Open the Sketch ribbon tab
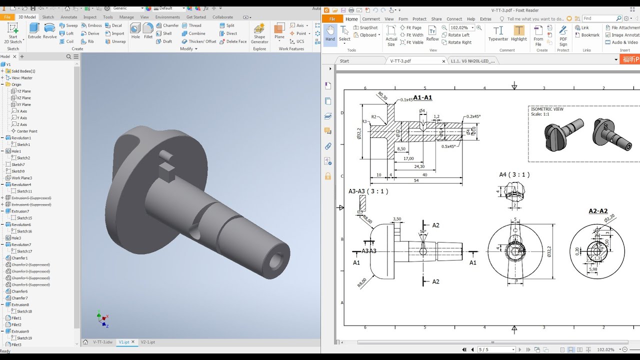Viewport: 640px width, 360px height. [x=48, y=17]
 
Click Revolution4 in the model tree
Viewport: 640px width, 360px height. [x=21, y=184]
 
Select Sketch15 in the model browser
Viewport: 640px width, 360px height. [x=24, y=218]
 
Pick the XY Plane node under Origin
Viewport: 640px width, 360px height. [x=23, y=104]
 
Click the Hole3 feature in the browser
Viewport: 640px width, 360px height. [x=16, y=238]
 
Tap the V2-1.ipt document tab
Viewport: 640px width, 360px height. [x=147, y=342]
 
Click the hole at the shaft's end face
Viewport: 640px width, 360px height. [x=275, y=260]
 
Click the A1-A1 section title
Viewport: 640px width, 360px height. [x=422, y=97]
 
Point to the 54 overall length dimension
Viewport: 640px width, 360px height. [x=416, y=180]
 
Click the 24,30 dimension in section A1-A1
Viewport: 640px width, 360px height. [x=419, y=166]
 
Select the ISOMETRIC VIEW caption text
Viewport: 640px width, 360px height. [x=547, y=108]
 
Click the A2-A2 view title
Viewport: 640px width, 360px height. [x=597, y=211]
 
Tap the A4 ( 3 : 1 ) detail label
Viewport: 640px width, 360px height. [x=514, y=174]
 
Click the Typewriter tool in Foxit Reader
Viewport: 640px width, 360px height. [x=498, y=34]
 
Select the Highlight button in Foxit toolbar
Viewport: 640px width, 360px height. [x=519, y=34]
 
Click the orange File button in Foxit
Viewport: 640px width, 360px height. [x=332, y=19]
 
